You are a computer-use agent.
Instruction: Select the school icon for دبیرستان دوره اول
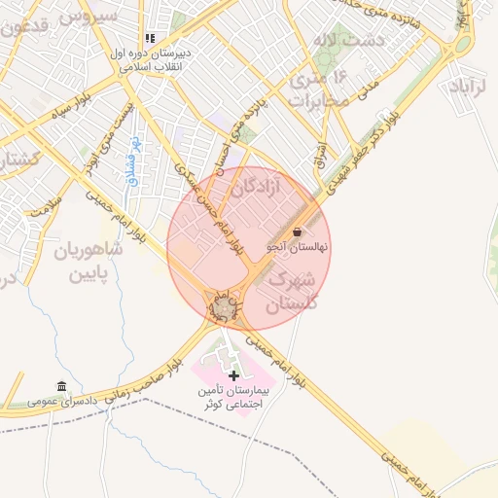pyautogui.click(x=150, y=38)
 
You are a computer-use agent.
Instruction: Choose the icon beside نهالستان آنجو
pyautogui.click(x=297, y=232)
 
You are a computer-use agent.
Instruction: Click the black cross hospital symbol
pyautogui.click(x=232, y=375)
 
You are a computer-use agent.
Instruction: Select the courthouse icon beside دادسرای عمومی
pyautogui.click(x=62, y=386)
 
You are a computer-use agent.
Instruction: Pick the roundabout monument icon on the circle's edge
pyautogui.click(x=225, y=308)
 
